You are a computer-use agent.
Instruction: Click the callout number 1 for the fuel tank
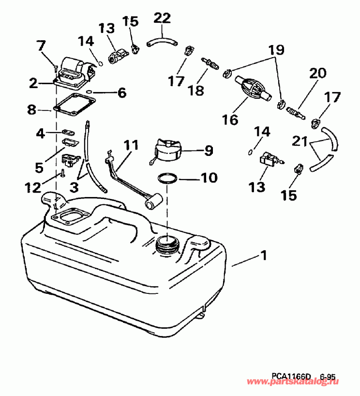click(x=263, y=255)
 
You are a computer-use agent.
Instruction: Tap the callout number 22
click(x=162, y=18)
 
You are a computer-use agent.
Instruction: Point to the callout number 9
click(x=208, y=151)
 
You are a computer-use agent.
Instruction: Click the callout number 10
click(x=209, y=178)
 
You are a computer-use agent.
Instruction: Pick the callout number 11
click(x=131, y=145)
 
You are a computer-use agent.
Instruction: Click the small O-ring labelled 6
click(x=90, y=91)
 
